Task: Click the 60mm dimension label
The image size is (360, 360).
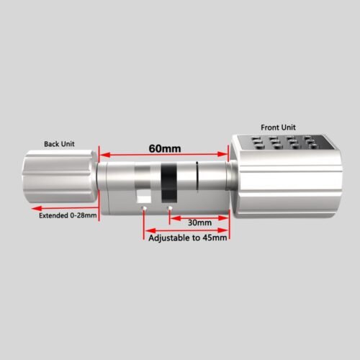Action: [x=165, y=148]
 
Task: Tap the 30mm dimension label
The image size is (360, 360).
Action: [x=199, y=222]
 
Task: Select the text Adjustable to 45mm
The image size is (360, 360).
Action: [x=188, y=238]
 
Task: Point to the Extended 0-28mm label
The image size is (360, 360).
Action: [x=68, y=215]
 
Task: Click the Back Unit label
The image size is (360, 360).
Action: [x=59, y=144]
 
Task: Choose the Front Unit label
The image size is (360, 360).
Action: [x=278, y=127]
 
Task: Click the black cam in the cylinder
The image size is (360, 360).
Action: [x=169, y=182]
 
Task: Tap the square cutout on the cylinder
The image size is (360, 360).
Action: [x=143, y=195]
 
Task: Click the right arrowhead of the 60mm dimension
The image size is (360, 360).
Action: [x=222, y=154]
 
